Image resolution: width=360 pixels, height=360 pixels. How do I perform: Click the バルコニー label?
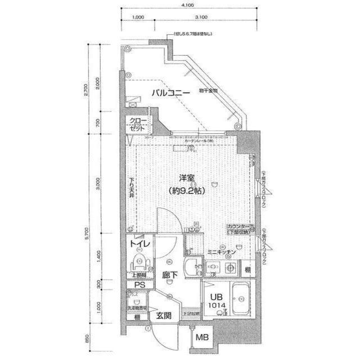point(169,93)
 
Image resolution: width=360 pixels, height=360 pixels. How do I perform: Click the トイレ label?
point(139,244)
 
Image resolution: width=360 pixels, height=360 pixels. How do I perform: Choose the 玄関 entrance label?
point(164,315)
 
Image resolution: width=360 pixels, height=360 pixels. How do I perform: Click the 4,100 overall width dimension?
point(188,5)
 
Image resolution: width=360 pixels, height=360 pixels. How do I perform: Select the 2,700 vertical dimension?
point(85,91)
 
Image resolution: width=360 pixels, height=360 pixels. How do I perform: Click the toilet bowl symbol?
point(138,262)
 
